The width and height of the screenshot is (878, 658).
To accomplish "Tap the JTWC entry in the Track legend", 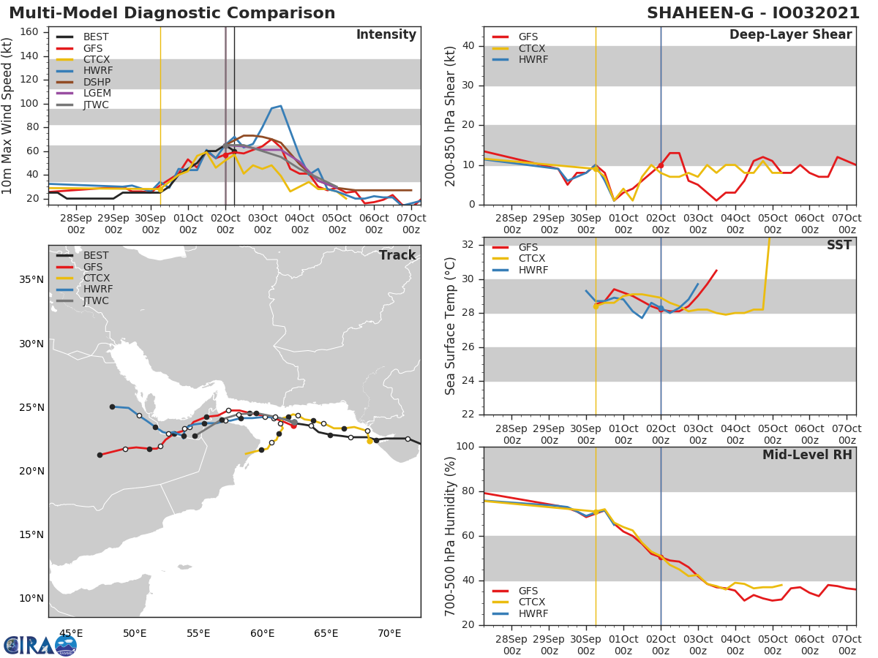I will point(96,300).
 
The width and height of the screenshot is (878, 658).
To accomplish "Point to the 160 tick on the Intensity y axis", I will point(29,32).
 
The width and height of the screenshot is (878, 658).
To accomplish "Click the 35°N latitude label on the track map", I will point(31,280).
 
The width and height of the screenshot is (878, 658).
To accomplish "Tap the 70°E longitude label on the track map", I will point(389,633).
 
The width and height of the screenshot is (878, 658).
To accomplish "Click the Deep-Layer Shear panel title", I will point(790,35).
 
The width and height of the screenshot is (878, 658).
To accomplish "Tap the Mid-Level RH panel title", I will point(807,455).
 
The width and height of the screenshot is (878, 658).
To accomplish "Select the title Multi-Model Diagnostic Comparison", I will point(172,13).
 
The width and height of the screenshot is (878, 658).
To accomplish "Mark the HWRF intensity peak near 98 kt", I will point(280,106).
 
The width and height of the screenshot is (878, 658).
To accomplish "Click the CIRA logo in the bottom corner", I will point(40,645).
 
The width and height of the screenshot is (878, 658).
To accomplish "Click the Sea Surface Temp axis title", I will point(451,326).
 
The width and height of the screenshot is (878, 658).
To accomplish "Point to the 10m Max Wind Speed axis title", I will point(8,117).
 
